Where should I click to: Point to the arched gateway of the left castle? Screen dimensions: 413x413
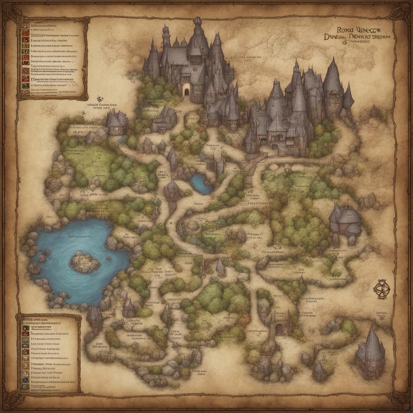pos(187,91)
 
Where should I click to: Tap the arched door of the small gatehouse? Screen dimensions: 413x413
pos(279,329)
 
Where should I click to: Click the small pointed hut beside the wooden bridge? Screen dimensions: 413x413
pos(220,267)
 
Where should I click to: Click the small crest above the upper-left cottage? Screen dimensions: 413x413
pos(99,98)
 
